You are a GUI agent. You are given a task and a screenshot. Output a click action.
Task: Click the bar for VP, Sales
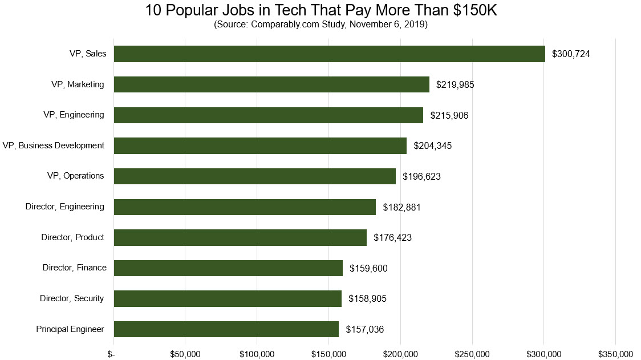point(329,54)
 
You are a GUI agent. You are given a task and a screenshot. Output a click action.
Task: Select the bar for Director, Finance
point(228,268)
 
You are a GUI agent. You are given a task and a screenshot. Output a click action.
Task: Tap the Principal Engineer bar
point(226,329)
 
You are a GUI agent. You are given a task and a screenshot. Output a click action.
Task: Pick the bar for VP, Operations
point(254,176)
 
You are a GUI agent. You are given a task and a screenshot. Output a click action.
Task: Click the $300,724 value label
point(571,54)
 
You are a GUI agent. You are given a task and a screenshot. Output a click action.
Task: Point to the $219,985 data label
point(455,84)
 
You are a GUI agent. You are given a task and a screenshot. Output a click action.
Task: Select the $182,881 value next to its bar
point(401,207)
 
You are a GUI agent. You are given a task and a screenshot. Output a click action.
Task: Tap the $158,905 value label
point(367,298)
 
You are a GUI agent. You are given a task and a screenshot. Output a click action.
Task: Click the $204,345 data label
point(432,145)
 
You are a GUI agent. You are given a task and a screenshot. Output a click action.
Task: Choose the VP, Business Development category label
point(53,145)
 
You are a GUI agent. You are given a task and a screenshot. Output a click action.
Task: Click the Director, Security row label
point(72,298)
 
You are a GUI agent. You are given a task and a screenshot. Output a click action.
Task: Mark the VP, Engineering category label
point(74,115)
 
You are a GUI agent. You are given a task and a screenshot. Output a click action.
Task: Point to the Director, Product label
point(72,237)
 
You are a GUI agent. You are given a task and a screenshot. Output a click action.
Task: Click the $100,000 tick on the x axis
point(257,354)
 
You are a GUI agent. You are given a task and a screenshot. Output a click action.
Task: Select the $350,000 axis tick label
point(615,354)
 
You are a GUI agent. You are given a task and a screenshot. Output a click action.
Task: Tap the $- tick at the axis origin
point(113,354)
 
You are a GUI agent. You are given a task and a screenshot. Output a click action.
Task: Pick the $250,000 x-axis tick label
point(472,354)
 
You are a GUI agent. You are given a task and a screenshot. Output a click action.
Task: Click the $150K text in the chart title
point(474,10)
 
